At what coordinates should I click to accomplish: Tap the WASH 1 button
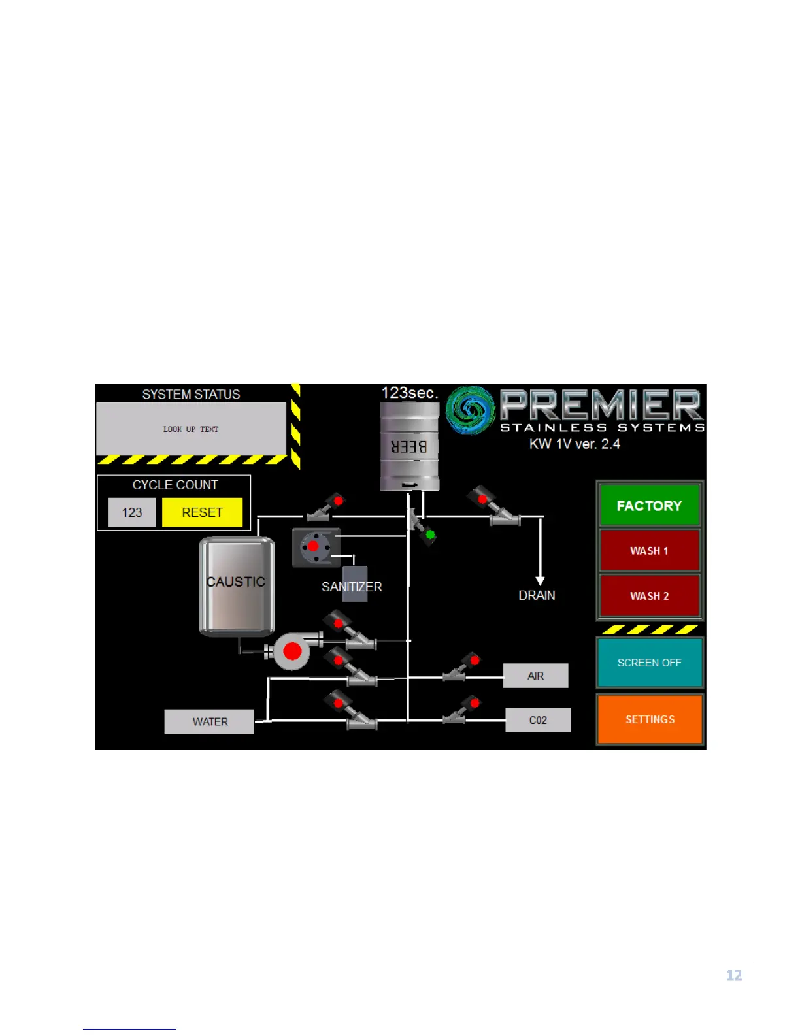click(x=649, y=550)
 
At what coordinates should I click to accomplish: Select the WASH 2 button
click(x=649, y=595)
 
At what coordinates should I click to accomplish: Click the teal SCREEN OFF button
click(x=649, y=663)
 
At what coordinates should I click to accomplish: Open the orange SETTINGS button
click(x=650, y=719)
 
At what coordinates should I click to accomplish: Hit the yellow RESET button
click(x=202, y=512)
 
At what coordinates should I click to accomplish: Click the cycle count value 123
click(x=132, y=512)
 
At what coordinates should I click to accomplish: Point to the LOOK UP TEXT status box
click(x=191, y=429)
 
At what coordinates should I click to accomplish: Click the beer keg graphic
click(x=410, y=446)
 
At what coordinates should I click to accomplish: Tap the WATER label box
click(x=210, y=721)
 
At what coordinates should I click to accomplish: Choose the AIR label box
click(x=535, y=676)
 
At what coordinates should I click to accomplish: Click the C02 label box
click(x=537, y=720)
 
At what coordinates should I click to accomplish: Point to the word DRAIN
click(x=537, y=595)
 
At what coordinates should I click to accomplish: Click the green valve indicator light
click(x=430, y=535)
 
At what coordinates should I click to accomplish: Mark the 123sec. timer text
click(x=410, y=393)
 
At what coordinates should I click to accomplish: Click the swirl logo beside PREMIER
click(x=471, y=410)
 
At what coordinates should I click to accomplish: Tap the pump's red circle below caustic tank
click(x=292, y=651)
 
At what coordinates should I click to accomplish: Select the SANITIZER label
click(x=352, y=587)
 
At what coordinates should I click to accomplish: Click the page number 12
click(x=734, y=976)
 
